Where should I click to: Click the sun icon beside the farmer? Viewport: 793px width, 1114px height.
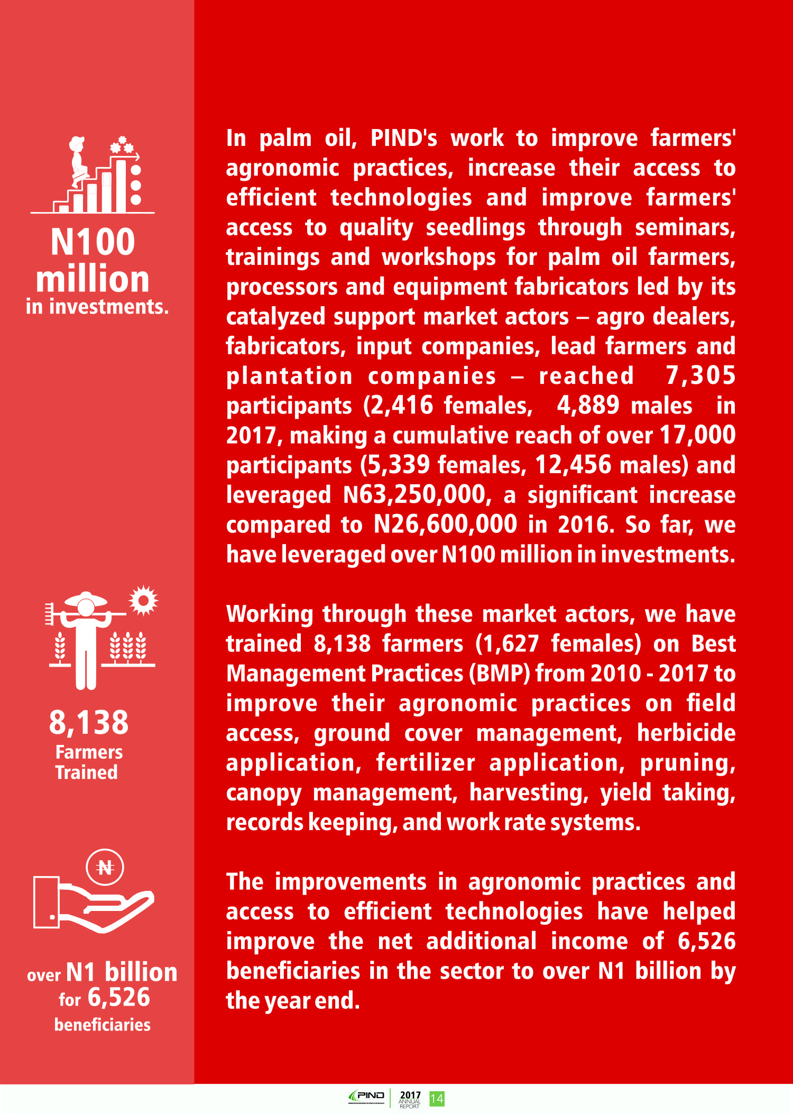click(143, 600)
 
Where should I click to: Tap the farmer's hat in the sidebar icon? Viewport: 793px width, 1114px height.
click(86, 599)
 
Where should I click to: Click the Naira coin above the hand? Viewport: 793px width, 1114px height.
click(105, 867)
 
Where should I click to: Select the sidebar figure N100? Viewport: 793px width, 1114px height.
click(93, 242)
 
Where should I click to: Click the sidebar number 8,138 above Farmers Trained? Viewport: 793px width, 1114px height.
click(89, 722)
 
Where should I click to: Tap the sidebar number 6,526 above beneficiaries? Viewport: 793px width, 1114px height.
click(119, 998)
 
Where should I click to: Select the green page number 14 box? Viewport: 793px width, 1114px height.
click(437, 1099)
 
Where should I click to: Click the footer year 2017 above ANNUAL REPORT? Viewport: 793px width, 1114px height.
click(410, 1095)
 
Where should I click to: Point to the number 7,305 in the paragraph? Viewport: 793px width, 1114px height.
click(700, 375)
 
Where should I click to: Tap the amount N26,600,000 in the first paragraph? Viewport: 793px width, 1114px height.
click(445, 524)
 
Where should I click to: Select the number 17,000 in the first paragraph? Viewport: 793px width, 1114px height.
click(697, 435)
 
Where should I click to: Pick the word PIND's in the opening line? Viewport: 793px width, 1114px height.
click(404, 138)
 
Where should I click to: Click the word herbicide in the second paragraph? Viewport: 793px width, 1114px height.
click(686, 733)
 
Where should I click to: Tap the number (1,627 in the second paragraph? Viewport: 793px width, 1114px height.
click(507, 644)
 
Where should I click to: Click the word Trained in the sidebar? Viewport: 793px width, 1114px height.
click(87, 772)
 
